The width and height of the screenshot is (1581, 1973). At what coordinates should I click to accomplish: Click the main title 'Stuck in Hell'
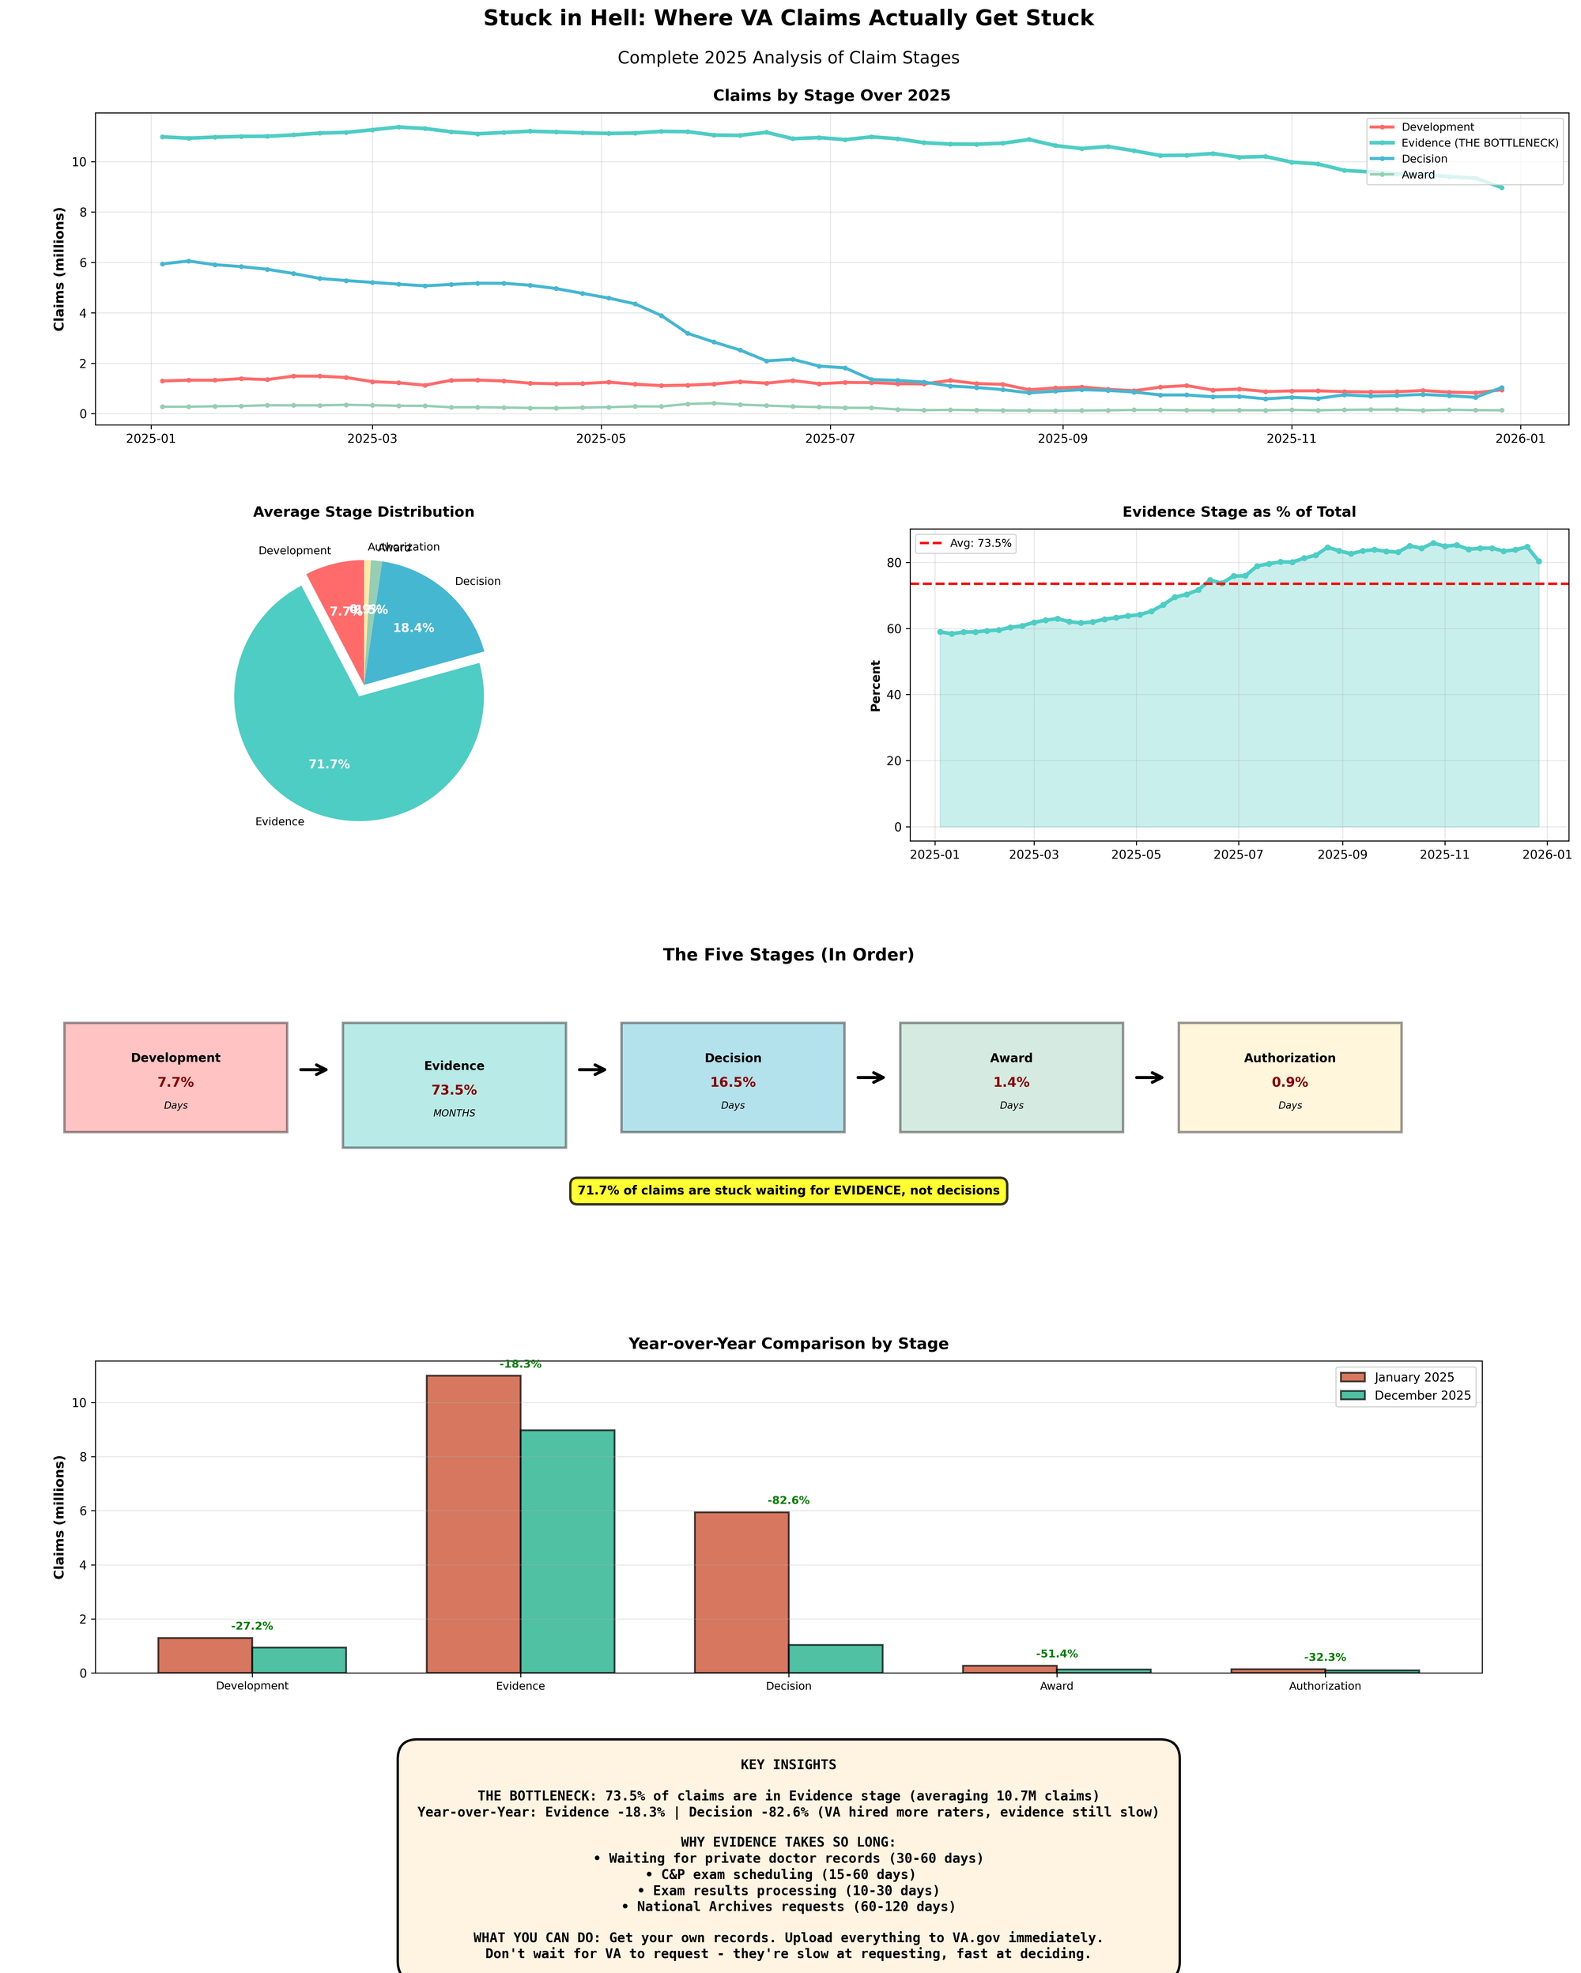pyautogui.click(x=788, y=18)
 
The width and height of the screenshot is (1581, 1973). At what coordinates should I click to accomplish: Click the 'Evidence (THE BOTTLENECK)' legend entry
pyautogui.click(x=1480, y=143)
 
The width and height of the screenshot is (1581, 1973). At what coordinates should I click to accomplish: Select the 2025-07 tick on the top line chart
pyautogui.click(x=829, y=439)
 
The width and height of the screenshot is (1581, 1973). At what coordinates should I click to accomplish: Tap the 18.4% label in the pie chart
pyautogui.click(x=413, y=628)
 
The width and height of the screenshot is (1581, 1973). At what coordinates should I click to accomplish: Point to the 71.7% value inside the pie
pyautogui.click(x=329, y=764)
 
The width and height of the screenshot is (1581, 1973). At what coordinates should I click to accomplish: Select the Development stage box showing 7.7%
pyautogui.click(x=175, y=1077)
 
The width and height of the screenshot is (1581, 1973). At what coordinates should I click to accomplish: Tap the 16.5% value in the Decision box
pyautogui.click(x=732, y=1083)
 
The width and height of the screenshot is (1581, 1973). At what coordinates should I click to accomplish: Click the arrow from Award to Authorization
pyautogui.click(x=1149, y=1077)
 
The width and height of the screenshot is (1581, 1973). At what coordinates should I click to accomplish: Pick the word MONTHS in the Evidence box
pyautogui.click(x=454, y=1114)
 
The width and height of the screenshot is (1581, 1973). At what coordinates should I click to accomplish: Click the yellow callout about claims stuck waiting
pyautogui.click(x=788, y=1190)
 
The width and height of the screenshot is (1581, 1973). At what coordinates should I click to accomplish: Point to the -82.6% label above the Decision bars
pyautogui.click(x=788, y=1501)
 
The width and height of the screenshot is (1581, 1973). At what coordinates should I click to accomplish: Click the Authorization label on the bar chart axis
pyautogui.click(x=1324, y=1685)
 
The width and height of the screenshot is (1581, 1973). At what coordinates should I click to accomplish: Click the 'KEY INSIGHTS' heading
pyautogui.click(x=788, y=1764)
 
